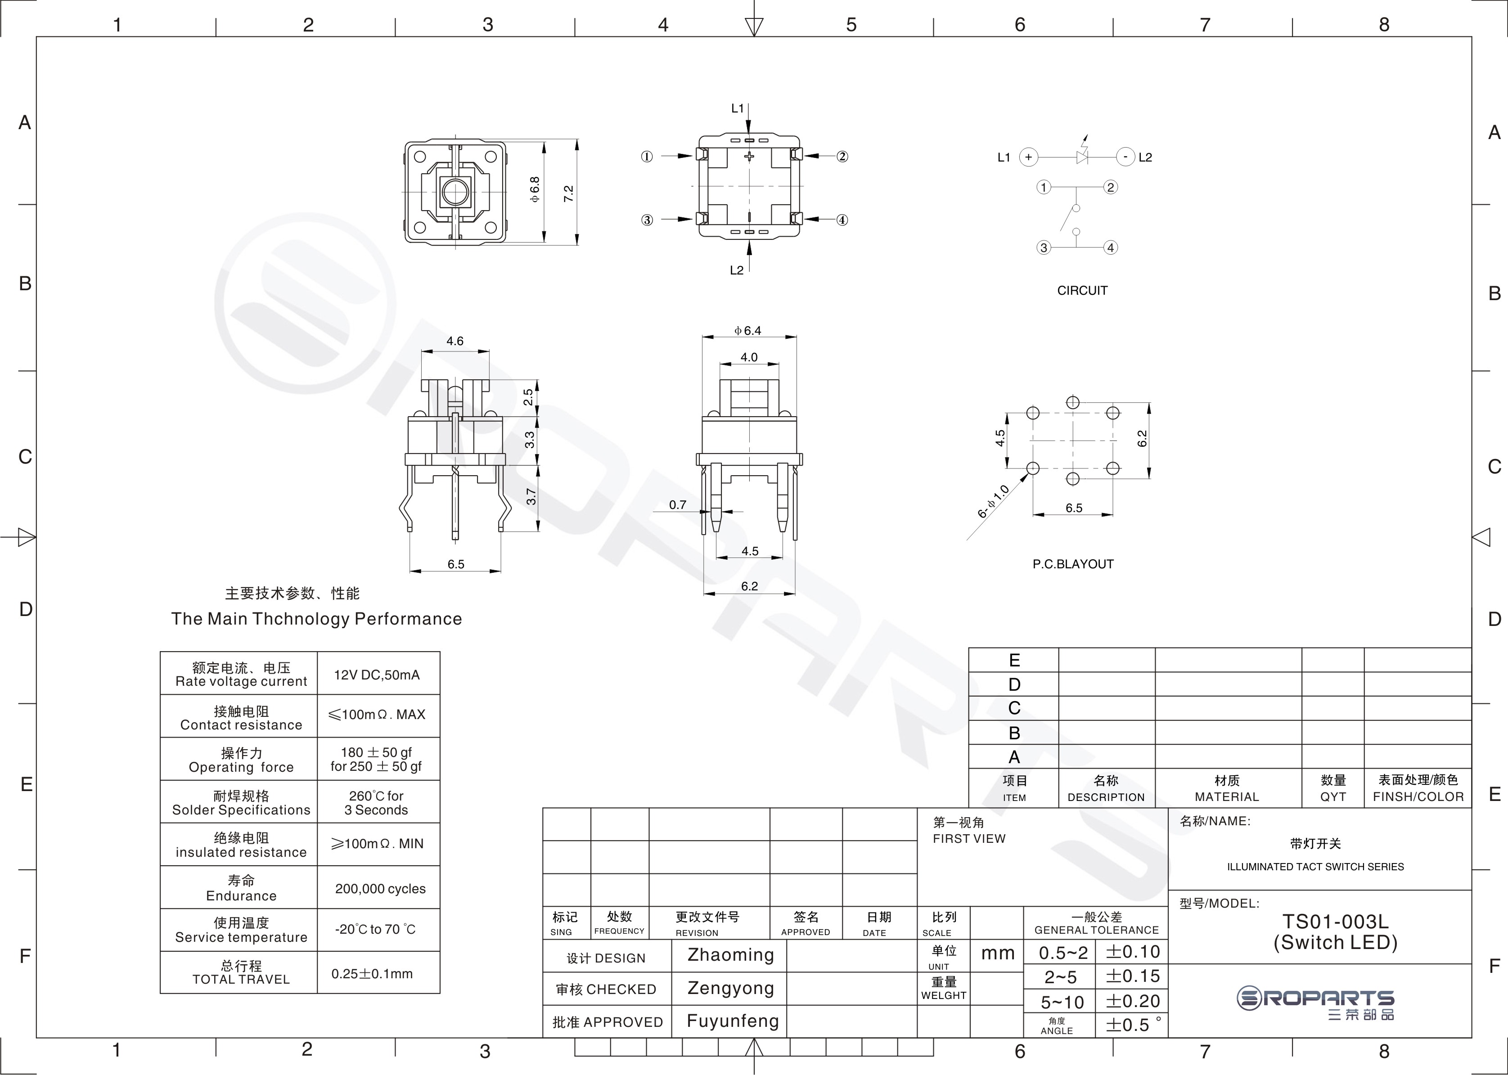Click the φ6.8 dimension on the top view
click(x=534, y=189)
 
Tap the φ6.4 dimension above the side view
click(x=748, y=330)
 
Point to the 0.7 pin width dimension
click(x=677, y=504)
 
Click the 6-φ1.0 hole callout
click(x=993, y=502)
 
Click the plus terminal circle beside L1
click(x=1028, y=157)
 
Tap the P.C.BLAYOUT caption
click(x=1073, y=564)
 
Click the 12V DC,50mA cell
click(x=377, y=675)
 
